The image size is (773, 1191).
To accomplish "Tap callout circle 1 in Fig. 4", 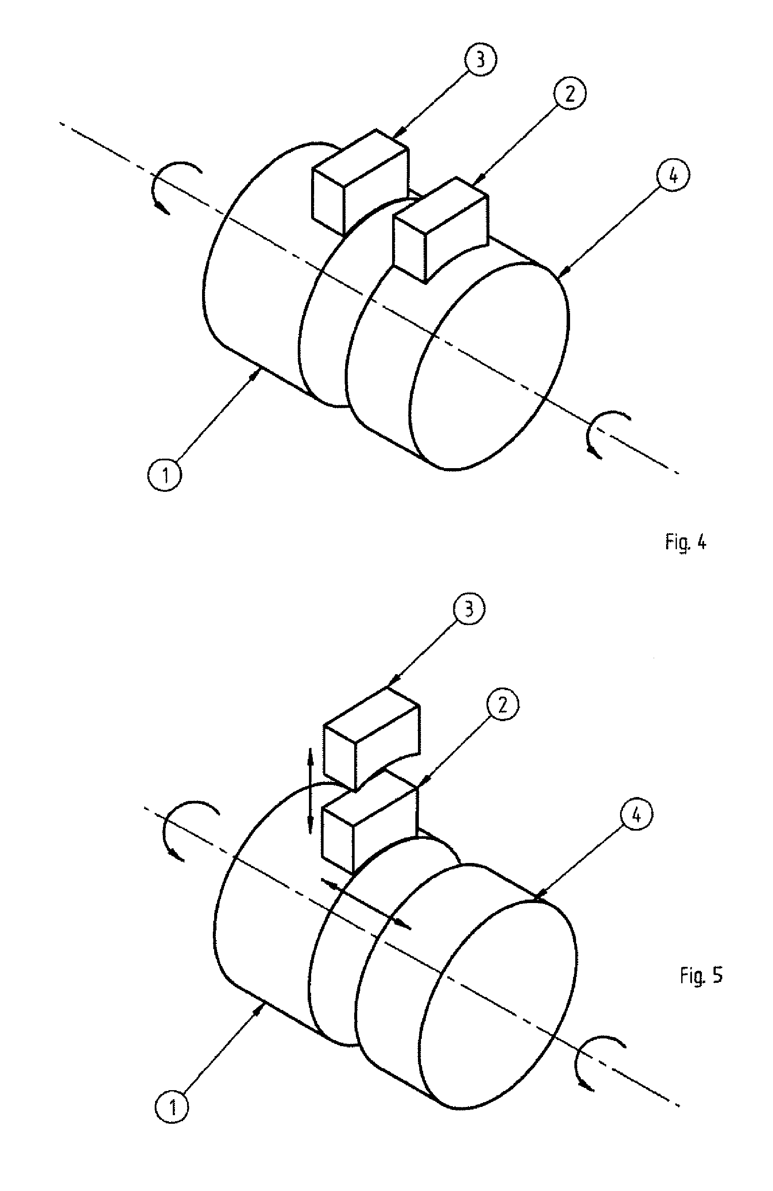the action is point(165,475).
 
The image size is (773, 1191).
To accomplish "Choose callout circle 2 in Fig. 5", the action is point(503,705).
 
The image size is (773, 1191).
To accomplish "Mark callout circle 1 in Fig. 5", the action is point(172,1107).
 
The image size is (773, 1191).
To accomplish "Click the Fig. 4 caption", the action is point(686,542).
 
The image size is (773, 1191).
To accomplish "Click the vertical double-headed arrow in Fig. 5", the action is point(310,791).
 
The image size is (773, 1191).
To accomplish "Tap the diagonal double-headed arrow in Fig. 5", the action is point(365,904).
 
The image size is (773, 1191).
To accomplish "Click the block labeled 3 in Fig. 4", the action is point(359,183).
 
